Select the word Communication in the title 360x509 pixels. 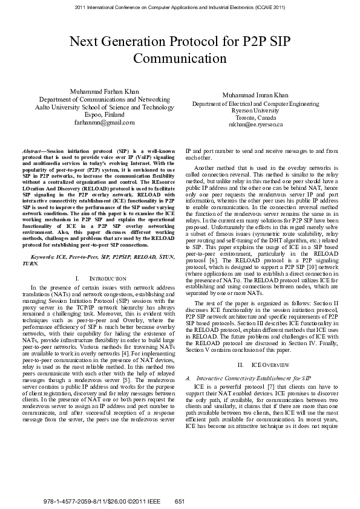(x=179, y=59)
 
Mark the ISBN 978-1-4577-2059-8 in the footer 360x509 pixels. (x=71, y=502)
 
